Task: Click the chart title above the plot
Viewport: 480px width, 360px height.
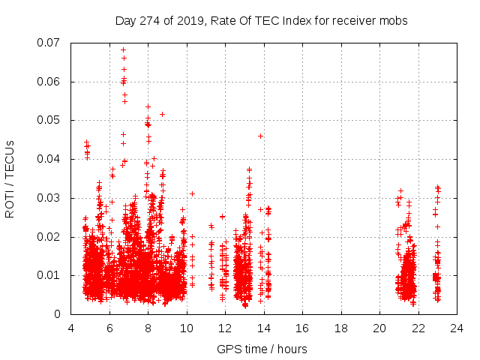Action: point(261,20)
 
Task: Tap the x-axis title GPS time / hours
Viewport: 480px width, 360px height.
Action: point(262,349)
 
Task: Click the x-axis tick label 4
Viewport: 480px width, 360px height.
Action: point(71,328)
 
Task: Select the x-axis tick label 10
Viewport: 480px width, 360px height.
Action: point(187,328)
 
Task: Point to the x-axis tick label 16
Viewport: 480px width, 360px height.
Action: point(302,328)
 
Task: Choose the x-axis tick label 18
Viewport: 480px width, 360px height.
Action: point(341,328)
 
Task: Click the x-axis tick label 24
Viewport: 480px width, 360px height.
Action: point(457,328)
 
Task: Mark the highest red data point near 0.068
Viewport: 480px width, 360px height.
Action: point(123,50)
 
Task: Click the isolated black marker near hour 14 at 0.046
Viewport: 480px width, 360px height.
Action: point(260,136)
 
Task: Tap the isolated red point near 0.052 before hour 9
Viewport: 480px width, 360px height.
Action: point(162,114)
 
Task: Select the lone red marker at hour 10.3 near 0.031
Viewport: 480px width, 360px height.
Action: point(192,193)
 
